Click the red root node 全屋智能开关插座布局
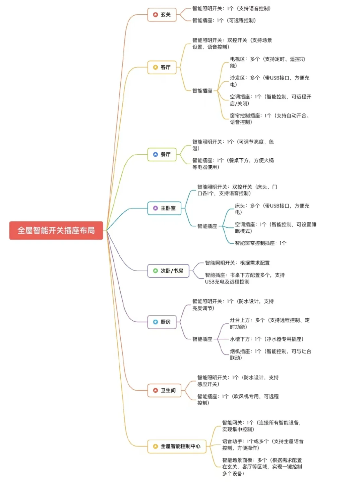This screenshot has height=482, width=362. click(x=56, y=230)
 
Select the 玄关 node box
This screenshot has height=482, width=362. click(x=162, y=15)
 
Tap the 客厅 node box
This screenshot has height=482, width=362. click(x=162, y=67)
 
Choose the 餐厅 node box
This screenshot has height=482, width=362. click(x=162, y=154)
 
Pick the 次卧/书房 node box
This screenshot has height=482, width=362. click(x=168, y=271)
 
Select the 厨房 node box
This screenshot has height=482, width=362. click(x=162, y=322)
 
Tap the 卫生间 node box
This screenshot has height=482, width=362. click(x=164, y=390)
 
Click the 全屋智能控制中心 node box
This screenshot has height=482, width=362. click(x=177, y=446)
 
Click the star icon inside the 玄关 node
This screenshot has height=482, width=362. click(x=155, y=15)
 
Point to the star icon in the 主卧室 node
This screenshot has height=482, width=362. click(x=155, y=208)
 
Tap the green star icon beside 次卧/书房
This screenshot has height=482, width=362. click(x=155, y=271)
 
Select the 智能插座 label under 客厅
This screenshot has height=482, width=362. click(x=202, y=91)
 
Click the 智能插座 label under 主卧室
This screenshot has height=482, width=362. click(x=207, y=226)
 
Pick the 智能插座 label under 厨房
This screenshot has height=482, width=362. click(x=202, y=339)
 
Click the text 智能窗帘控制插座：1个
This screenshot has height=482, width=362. click(x=260, y=243)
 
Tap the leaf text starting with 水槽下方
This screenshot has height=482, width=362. click(x=266, y=339)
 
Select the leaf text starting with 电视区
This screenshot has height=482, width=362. click(x=267, y=63)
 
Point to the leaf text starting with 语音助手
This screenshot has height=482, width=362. click(x=262, y=445)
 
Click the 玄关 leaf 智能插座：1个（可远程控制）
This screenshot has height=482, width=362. click(x=224, y=20)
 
